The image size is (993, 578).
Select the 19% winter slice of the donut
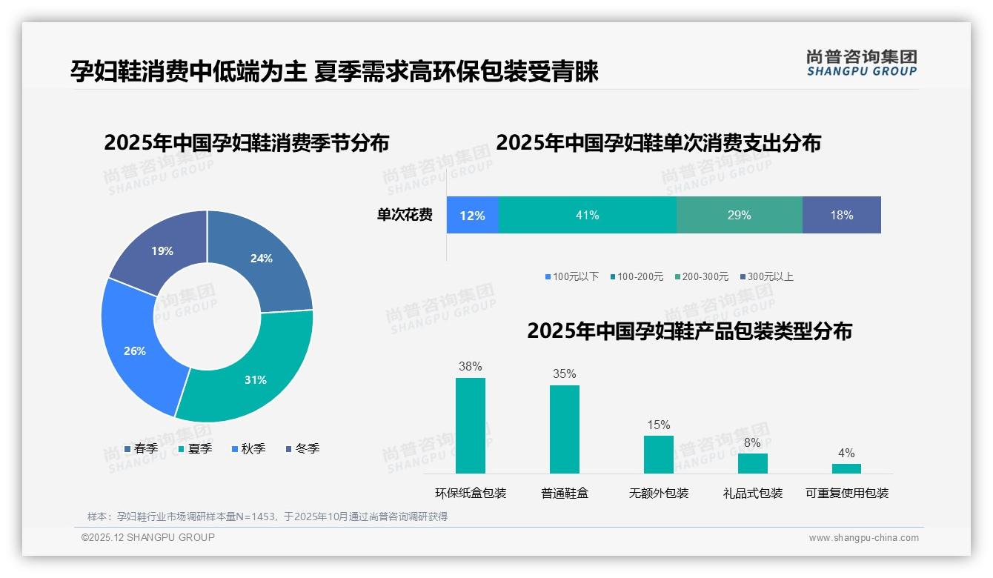[x=159, y=248]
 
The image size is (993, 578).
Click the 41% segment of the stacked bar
[x=587, y=215]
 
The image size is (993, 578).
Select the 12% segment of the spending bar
[x=472, y=215]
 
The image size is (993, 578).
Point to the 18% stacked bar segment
[x=841, y=215]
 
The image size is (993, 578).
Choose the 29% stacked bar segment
[x=739, y=215]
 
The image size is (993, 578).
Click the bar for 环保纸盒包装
[x=470, y=425]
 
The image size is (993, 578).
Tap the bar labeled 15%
[x=658, y=454]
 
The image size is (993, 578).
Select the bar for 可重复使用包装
[x=846, y=468]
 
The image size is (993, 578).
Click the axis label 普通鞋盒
[x=564, y=493]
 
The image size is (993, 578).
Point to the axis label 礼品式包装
[x=752, y=493]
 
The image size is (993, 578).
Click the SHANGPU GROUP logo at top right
[x=861, y=63]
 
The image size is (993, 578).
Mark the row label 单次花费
[x=405, y=215]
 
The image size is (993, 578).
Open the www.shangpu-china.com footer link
[x=863, y=537]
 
